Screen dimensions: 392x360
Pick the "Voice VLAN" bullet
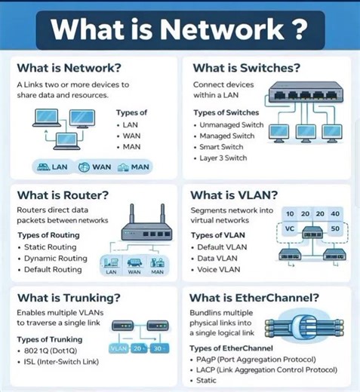pyautogui.click(x=223, y=269)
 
